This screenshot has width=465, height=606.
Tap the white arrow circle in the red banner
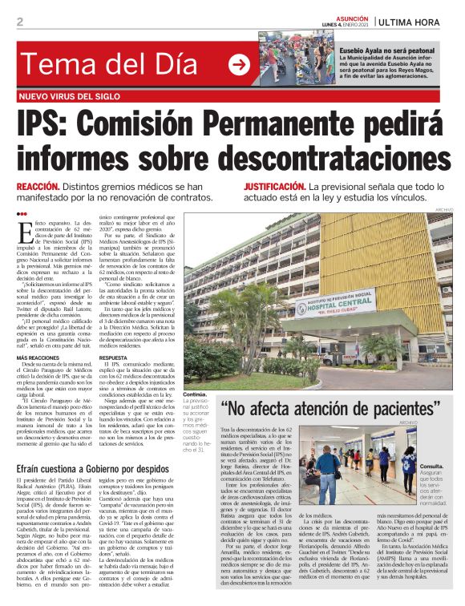click(239, 64)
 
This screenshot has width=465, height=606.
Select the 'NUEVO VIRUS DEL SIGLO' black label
click(70, 96)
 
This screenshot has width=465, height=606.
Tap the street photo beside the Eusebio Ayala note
click(285, 59)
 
